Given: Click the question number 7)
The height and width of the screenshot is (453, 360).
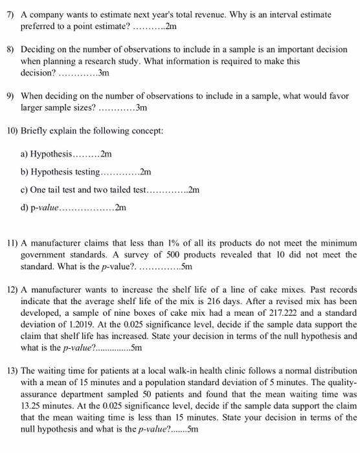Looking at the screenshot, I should [8, 14].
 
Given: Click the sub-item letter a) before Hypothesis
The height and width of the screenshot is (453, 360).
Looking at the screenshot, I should [25, 155].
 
